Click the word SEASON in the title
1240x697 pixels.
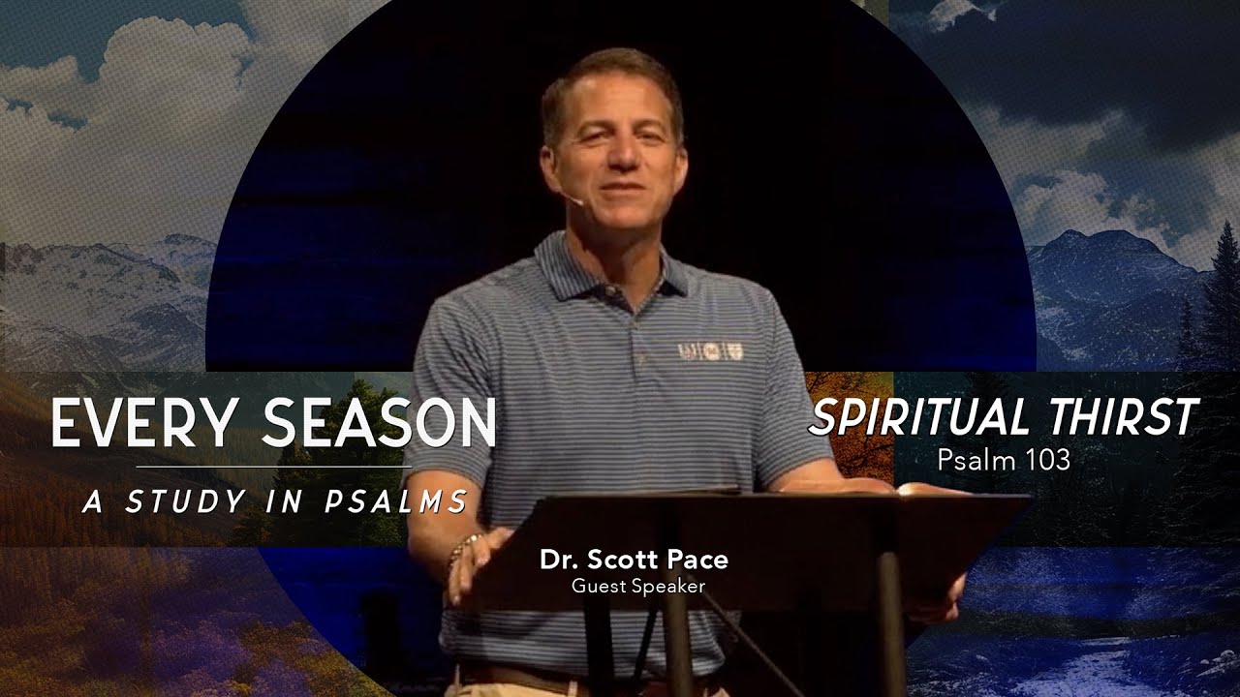point(379,423)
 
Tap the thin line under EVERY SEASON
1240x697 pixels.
point(273,467)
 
